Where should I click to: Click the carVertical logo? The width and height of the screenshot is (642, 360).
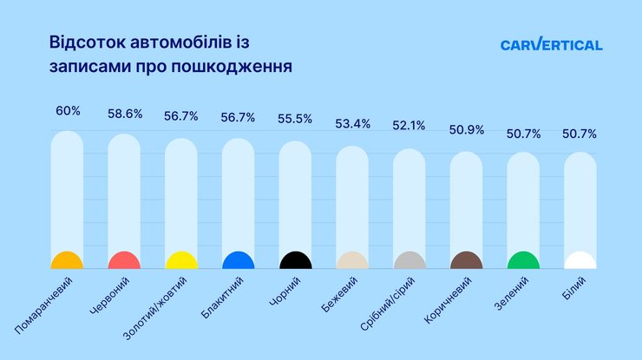click(x=551, y=45)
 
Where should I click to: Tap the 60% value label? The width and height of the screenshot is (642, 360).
click(x=68, y=111)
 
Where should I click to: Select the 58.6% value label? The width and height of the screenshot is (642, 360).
click(x=124, y=114)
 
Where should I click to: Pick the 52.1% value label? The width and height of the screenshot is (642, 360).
click(x=409, y=126)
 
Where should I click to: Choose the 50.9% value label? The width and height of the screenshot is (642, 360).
click(x=466, y=130)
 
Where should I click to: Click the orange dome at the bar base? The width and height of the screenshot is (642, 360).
click(x=67, y=262)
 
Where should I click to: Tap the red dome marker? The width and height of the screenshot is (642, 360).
click(x=124, y=262)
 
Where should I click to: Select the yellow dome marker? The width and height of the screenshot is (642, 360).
click(x=181, y=262)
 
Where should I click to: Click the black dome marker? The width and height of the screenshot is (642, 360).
click(x=295, y=262)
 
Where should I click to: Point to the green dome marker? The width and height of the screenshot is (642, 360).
click(x=523, y=262)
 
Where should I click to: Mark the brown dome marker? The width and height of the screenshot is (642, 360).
click(x=466, y=262)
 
